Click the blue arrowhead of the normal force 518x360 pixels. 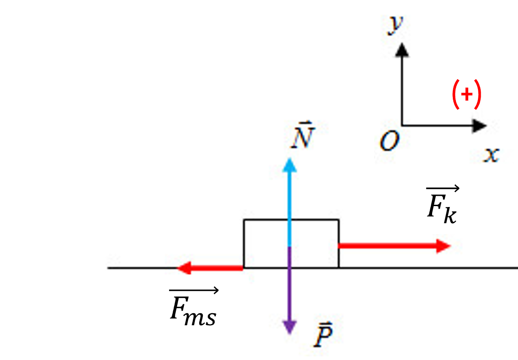pyautogui.click(x=290, y=165)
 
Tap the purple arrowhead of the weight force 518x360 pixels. pyautogui.click(x=290, y=327)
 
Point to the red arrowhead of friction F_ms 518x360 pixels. pyautogui.click(x=184, y=268)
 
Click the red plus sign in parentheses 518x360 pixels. pyautogui.click(x=466, y=94)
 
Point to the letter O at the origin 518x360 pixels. pyautogui.click(x=389, y=141)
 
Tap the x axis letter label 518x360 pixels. pyautogui.click(x=491, y=154)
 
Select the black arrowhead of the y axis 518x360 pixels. pyautogui.click(x=402, y=50)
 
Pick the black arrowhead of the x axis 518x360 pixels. pyautogui.click(x=479, y=126)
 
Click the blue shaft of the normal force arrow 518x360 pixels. pyautogui.click(x=290, y=209)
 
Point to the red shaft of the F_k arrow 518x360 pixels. pyautogui.click(x=387, y=246)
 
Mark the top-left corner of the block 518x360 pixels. pyautogui.click(x=244, y=220)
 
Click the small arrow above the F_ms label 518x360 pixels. pyautogui.click(x=194, y=290)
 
